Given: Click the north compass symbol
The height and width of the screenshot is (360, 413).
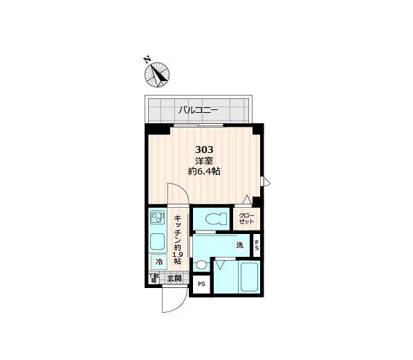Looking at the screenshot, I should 158,73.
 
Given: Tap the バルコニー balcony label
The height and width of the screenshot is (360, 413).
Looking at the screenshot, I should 199,109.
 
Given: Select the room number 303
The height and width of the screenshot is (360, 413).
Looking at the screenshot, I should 204,150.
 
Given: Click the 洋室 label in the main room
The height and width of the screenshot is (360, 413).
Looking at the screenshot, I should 204,161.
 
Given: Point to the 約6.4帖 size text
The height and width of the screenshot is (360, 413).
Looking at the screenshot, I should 204,172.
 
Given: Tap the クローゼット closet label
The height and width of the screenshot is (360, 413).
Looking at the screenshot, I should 247,219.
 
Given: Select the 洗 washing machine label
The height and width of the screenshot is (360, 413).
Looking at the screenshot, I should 239,245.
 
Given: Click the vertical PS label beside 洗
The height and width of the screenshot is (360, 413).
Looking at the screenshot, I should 257,245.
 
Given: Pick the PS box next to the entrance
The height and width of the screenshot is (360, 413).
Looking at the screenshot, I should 202,285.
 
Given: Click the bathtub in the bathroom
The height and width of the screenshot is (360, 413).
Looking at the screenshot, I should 248,278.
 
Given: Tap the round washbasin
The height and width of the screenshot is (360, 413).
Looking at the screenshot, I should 201,264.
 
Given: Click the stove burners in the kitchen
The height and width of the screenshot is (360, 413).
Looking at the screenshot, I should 157,219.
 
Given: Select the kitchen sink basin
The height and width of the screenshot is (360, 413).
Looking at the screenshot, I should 158,242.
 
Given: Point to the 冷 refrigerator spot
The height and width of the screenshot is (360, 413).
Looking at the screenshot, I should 158,262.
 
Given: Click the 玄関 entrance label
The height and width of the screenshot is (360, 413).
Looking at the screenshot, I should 174,279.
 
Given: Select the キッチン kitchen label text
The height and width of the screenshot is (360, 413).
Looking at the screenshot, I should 178,228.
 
